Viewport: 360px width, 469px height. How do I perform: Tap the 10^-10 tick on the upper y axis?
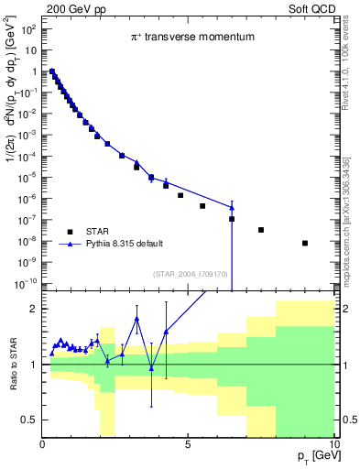26,284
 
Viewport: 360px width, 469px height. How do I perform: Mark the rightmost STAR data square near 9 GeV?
305,243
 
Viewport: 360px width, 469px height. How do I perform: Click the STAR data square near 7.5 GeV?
261,230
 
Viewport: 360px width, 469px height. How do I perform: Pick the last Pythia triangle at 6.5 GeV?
232,207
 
